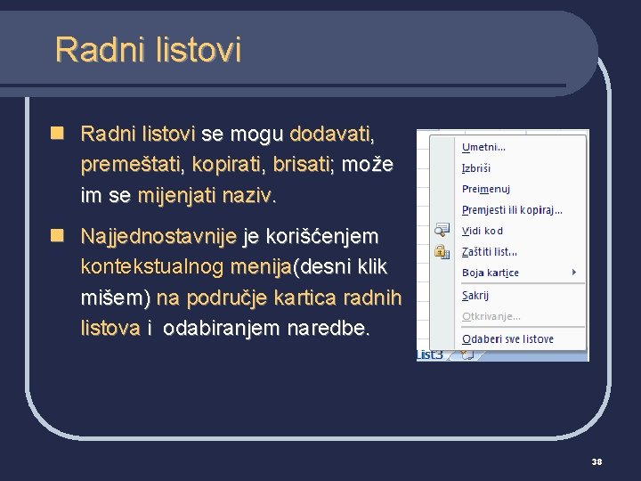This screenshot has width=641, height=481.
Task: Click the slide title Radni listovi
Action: coord(148,49)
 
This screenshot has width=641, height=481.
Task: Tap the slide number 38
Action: coord(596,461)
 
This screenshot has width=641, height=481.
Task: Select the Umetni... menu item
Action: coord(483,147)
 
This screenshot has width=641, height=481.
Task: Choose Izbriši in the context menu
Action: coord(476,168)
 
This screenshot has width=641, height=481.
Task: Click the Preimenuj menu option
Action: coord(485,189)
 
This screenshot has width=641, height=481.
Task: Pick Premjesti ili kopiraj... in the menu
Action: coord(512,210)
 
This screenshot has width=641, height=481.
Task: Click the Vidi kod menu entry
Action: coord(482,231)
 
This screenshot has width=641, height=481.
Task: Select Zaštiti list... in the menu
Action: coord(489,252)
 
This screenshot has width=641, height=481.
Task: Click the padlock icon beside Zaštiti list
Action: coord(441,252)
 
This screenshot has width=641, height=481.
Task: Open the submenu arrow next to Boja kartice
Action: coord(574,272)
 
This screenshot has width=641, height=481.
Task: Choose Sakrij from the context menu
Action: coord(475,295)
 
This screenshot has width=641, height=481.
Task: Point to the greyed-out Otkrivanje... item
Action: coord(491,316)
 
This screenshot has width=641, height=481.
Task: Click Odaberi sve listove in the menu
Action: coord(507,338)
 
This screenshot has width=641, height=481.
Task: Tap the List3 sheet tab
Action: coord(430,355)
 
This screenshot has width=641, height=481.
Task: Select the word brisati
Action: coord(303,165)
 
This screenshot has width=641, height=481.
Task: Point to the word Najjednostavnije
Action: coord(158,237)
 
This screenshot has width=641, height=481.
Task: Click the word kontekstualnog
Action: coord(151,266)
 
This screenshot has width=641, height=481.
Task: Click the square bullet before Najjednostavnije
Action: coord(56,236)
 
